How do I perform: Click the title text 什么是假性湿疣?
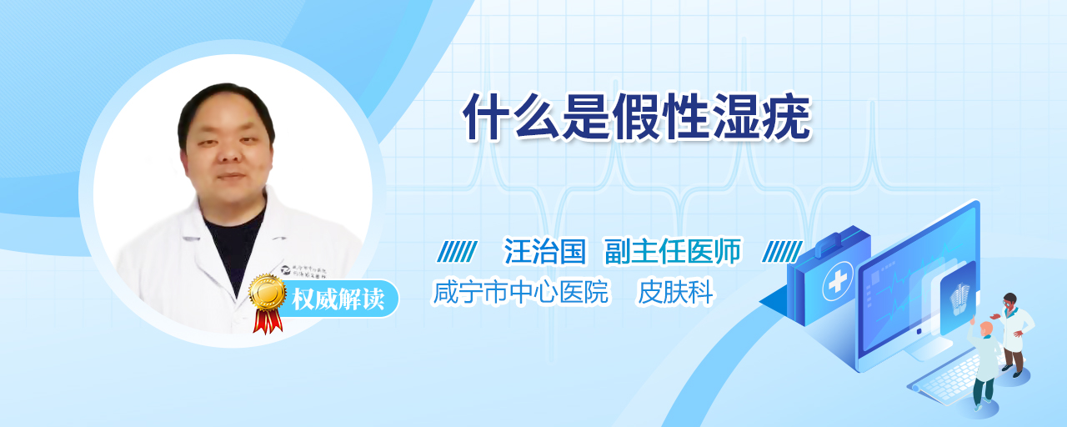pos(638,117)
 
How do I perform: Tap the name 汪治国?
pos(545,251)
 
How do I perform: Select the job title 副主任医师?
pos(673,251)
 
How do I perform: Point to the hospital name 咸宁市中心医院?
pos(520,292)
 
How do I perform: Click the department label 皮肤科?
pos(675,292)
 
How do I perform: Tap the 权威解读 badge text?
pos(338,299)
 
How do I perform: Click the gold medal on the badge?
pos(268,292)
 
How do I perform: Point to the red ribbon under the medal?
pos(268,321)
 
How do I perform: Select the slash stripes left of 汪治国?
pos(458,252)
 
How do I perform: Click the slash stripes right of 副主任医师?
pos(782,252)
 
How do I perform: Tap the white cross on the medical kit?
pos(838,281)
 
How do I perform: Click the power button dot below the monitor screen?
pos(919,331)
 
